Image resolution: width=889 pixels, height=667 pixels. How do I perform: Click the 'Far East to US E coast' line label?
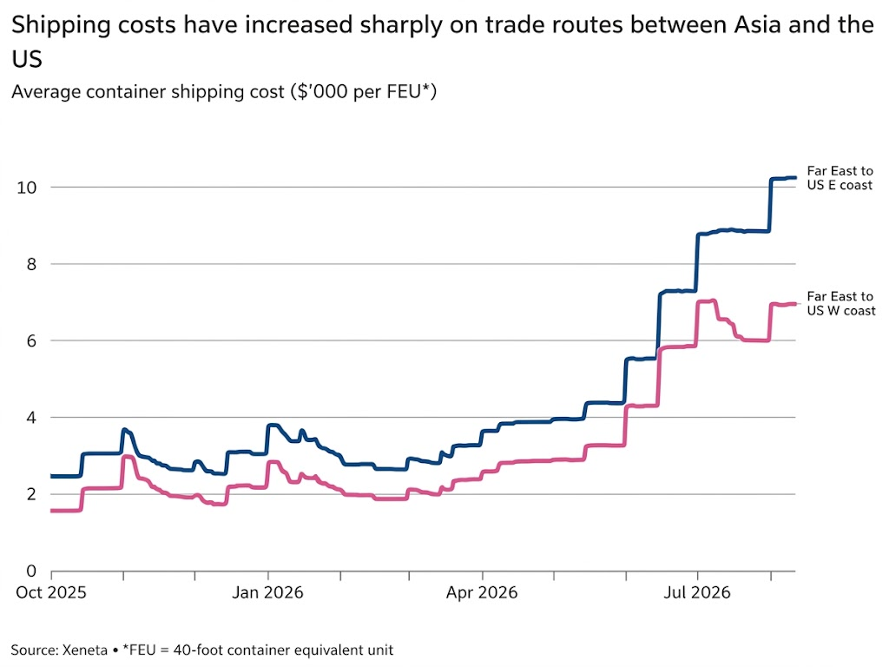840,178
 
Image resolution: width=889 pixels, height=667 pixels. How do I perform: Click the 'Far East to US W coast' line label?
841,303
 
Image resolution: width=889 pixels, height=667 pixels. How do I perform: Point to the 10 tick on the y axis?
27,188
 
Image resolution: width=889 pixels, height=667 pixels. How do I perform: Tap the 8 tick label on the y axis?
32,264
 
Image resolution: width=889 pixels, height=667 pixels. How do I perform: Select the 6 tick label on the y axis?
32,340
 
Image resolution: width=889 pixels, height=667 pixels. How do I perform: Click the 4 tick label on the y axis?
32,418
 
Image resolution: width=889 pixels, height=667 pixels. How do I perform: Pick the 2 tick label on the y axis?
32,494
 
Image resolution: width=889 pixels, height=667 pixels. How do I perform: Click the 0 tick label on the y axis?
32,571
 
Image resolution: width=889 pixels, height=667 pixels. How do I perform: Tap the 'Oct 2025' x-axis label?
51,592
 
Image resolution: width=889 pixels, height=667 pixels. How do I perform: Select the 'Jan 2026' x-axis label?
267,592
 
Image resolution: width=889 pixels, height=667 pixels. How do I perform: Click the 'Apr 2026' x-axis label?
482,592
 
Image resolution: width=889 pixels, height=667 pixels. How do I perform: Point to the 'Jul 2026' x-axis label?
697,592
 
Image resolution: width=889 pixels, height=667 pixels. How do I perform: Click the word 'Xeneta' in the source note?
85,650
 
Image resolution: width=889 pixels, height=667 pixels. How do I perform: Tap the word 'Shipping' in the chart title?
61,26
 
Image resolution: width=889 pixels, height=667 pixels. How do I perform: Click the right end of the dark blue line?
795,178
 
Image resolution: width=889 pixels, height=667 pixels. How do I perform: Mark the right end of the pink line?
795,304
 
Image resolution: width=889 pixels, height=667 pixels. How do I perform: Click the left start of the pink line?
52,511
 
